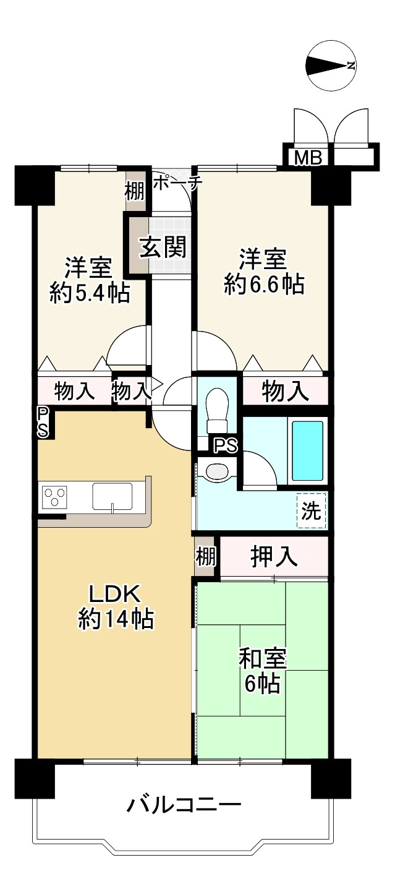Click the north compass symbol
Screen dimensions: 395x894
[x=331, y=66]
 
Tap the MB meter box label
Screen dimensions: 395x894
[x=308, y=158]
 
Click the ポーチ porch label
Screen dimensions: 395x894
[x=178, y=182]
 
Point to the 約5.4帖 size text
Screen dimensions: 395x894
[x=90, y=293]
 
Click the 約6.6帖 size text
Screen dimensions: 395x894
[x=264, y=285]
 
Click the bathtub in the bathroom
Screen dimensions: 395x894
[x=307, y=450]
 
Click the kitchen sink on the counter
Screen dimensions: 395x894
[x=113, y=496]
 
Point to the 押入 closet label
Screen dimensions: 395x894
[x=274, y=556]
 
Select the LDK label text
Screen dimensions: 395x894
[x=115, y=595]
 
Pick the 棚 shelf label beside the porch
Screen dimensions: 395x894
[x=135, y=191]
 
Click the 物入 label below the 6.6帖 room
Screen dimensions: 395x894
[x=285, y=391]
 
